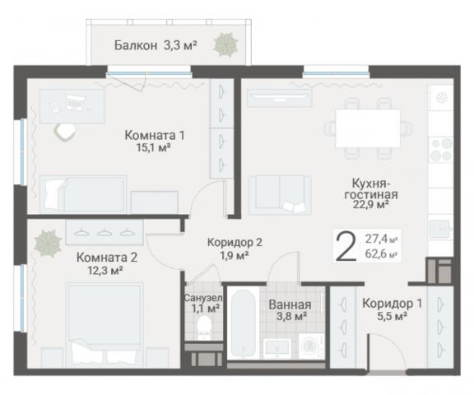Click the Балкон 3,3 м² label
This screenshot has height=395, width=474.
click(x=155, y=46)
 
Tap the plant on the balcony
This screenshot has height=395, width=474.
click(x=225, y=44)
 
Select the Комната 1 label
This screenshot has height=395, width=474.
click(x=154, y=135)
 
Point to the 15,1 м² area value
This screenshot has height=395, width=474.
click(x=153, y=148)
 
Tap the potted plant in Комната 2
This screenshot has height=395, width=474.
click(x=47, y=243)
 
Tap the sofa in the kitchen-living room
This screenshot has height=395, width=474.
click(x=281, y=194)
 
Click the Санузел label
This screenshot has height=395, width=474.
click(x=202, y=297)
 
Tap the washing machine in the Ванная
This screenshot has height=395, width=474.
click(x=311, y=346)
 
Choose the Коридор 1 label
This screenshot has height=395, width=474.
click(x=392, y=303)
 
